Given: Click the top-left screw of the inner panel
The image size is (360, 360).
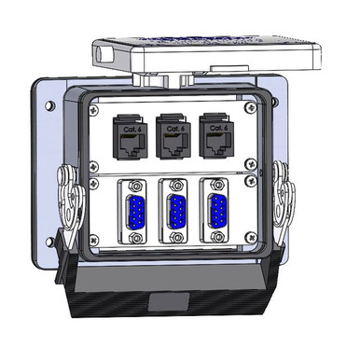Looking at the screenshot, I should (95, 110).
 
